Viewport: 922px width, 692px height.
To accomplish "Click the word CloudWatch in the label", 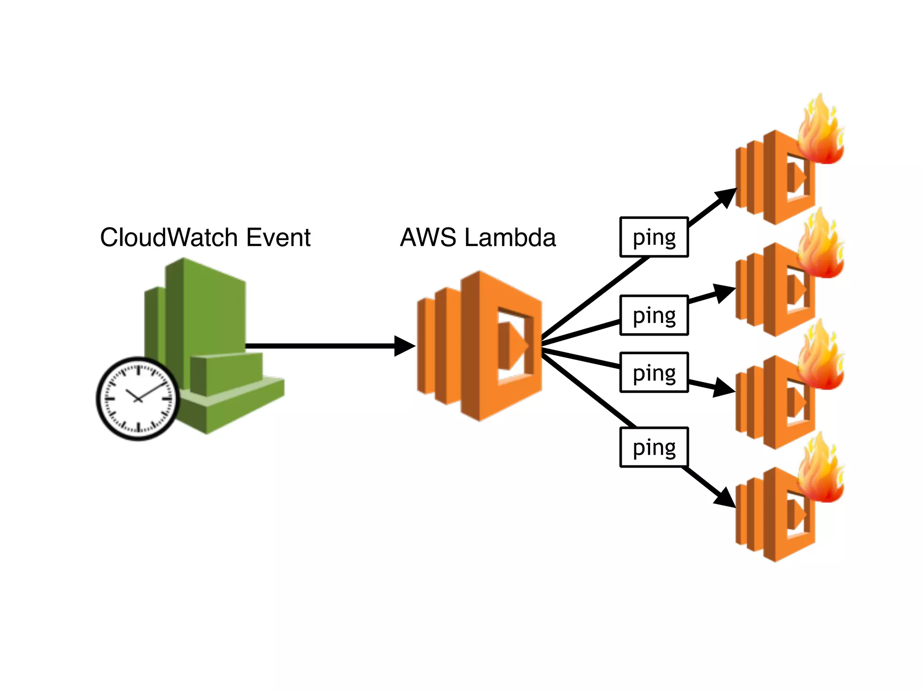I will (x=169, y=237).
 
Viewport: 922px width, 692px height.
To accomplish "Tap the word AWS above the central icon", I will (x=428, y=237).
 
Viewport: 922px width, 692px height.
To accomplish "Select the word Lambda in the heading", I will (x=510, y=237).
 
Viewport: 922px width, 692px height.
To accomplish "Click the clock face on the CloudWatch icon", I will (x=138, y=399).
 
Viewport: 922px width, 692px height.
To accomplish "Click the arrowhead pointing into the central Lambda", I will (x=403, y=346).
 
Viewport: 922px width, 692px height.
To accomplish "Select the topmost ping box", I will (x=654, y=237).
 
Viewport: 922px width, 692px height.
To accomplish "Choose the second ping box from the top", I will (x=654, y=315).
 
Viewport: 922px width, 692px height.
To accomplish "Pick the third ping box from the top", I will (x=654, y=373).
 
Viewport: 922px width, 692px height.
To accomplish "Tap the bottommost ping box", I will (x=654, y=447).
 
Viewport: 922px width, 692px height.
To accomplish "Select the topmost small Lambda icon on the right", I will (x=772, y=180).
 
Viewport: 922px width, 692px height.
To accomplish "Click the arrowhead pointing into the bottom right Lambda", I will (x=725, y=498).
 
